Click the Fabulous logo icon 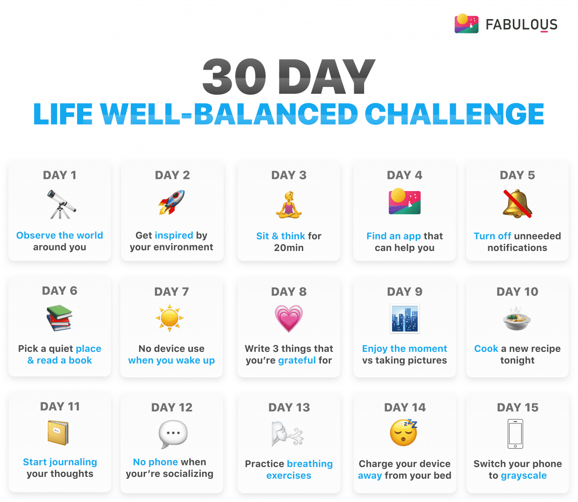[466, 24]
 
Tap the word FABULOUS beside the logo [521, 25]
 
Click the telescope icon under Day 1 [61, 204]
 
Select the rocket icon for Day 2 [172, 202]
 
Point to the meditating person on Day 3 [289, 204]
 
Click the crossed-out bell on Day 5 [517, 204]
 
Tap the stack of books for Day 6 [60, 318]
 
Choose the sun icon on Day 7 [170, 318]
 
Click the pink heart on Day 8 [289, 318]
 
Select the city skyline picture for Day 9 [405, 319]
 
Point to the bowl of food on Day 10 [517, 318]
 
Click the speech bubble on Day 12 [173, 434]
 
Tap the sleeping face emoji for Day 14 [404, 433]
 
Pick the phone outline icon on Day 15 [515, 434]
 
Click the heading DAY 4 [405, 175]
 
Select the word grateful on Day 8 [297, 360]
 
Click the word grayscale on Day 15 [524, 476]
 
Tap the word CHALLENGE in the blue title [454, 114]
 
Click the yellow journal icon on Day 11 [58, 433]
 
